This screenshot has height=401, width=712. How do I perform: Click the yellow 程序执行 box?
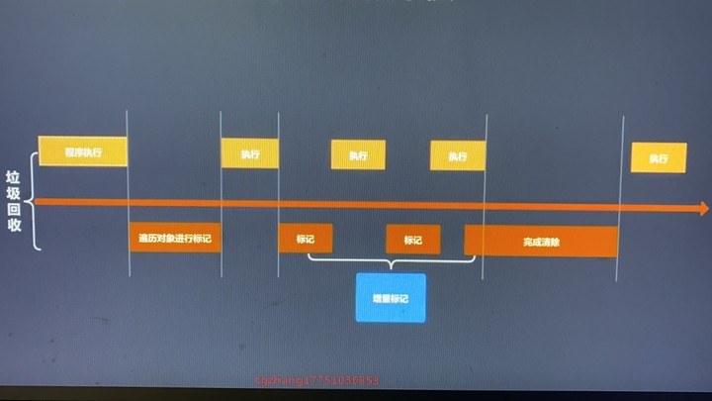pyautogui.click(x=83, y=151)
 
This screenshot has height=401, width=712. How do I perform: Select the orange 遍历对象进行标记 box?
pyautogui.click(x=175, y=238)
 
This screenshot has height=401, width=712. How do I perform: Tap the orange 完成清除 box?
pyautogui.click(x=541, y=241)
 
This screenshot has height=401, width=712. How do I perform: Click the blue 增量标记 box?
pyautogui.click(x=391, y=298)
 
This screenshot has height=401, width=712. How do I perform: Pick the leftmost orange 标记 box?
pyautogui.click(x=306, y=239)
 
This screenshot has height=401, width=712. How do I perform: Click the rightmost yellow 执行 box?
pyautogui.click(x=659, y=157)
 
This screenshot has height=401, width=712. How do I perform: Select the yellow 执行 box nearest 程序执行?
pyautogui.click(x=249, y=153)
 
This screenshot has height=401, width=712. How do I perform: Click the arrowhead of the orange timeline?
pyautogui.click(x=703, y=209)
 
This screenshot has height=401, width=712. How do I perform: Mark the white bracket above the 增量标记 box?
pyautogui.click(x=392, y=261)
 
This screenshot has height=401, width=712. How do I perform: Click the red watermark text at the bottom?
pyautogui.click(x=317, y=380)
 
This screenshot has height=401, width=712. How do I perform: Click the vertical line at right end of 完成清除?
pyautogui.click(x=620, y=198)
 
